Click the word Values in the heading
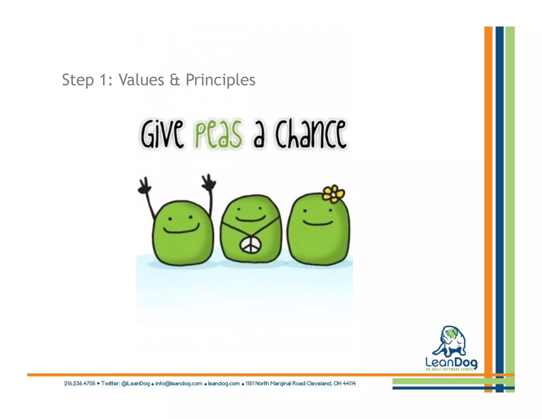coord(141,80)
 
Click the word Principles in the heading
coord(220,80)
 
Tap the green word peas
coord(218,134)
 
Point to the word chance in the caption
coord(310,134)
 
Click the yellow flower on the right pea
coord(333,194)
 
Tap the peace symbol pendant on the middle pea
coord(250,245)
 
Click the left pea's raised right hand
coord(209,183)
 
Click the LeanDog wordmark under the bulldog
coord(451,362)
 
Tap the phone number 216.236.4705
coord(79,383)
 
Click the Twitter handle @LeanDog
coord(135,383)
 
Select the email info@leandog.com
coord(179,383)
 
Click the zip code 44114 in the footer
coord(349,383)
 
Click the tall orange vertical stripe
coord(488,185)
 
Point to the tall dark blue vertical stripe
coord(499,185)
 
